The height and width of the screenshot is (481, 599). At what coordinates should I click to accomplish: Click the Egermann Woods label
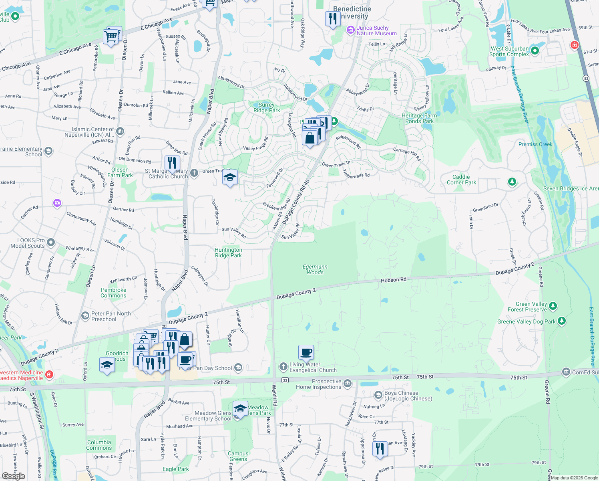(315, 269)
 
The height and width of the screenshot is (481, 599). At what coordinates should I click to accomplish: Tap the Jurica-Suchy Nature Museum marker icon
(351, 30)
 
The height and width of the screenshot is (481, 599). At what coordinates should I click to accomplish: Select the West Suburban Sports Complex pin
(535, 51)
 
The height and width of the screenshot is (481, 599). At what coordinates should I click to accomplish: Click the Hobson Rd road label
(393, 280)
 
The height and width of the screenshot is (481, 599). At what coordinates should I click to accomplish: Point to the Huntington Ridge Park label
(228, 253)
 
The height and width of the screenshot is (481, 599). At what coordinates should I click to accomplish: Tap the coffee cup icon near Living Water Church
(306, 352)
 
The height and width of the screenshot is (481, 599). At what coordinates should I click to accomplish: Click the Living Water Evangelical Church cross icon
(283, 366)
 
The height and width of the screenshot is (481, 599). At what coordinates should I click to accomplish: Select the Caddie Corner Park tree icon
(512, 182)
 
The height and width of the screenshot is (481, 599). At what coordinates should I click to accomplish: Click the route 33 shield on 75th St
(285, 380)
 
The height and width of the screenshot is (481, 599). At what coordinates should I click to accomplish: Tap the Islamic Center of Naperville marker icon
(120, 131)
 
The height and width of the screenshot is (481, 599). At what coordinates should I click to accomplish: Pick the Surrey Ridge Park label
(267, 107)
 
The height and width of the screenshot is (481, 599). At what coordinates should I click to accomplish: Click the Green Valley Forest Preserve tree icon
(553, 306)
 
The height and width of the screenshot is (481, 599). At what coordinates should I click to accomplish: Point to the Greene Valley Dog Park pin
(562, 321)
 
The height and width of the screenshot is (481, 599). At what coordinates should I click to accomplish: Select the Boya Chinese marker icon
(378, 396)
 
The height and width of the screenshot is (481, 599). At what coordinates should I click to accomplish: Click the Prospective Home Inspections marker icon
(347, 384)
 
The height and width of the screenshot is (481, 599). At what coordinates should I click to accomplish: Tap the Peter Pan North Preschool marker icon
(85, 316)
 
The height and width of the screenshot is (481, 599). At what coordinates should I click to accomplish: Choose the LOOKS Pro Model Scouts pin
(51, 243)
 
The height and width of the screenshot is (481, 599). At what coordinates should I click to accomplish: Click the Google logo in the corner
(13, 476)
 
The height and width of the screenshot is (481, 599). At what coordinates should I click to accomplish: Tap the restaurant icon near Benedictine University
(333, 18)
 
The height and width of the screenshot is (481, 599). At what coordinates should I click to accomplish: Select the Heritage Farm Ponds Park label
(419, 118)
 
